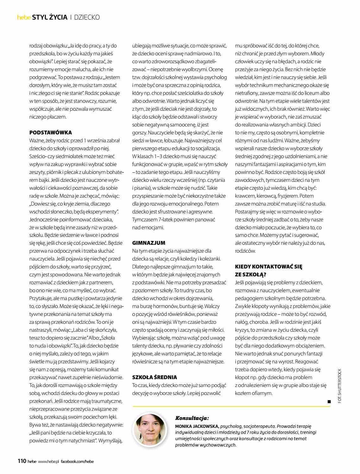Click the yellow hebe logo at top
pos(24,17)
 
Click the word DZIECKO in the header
pos(87,17)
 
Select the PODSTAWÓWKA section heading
pos(51,132)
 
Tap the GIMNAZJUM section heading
pos(149,243)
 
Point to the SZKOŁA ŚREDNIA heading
pos(154,377)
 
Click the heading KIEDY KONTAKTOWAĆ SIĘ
pos(269,267)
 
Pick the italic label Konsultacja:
pos(192,418)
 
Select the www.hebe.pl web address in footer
pos(48,461)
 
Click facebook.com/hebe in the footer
pos(77,461)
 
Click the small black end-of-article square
pos(329,402)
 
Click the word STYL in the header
pos(40,17)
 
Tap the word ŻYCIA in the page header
pos(59,17)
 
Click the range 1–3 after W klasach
pos(154,156)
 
